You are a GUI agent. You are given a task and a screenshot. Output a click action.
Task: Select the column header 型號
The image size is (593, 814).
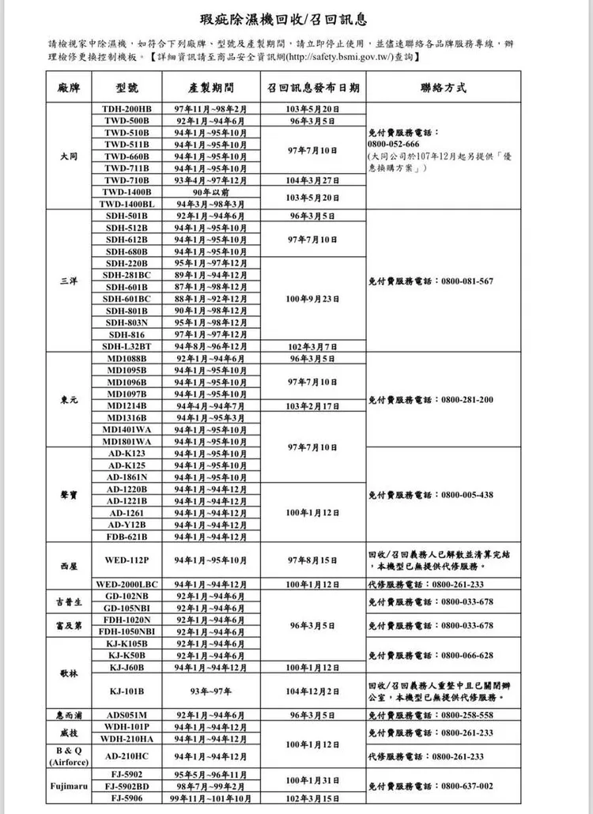click(x=127, y=86)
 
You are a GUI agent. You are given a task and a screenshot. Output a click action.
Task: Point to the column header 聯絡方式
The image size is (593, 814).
click(x=443, y=86)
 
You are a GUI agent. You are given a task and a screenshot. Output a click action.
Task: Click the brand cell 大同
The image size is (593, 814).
click(x=69, y=156)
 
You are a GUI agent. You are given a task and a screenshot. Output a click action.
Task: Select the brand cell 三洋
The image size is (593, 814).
click(x=69, y=281)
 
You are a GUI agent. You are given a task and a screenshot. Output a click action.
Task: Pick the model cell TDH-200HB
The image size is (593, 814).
click(x=127, y=107)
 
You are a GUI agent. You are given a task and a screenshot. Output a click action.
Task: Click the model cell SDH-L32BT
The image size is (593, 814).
click(x=127, y=346)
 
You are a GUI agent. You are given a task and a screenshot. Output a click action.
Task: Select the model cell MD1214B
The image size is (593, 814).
click(x=127, y=405)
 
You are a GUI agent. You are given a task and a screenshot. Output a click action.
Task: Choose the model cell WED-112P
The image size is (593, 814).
click(x=127, y=560)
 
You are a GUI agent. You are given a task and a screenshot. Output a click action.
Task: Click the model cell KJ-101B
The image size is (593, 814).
click(x=127, y=691)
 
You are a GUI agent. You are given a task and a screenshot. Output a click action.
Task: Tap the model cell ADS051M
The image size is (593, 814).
click(x=127, y=714)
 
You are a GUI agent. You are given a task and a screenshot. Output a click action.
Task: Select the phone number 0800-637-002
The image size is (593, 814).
click(x=466, y=786)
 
